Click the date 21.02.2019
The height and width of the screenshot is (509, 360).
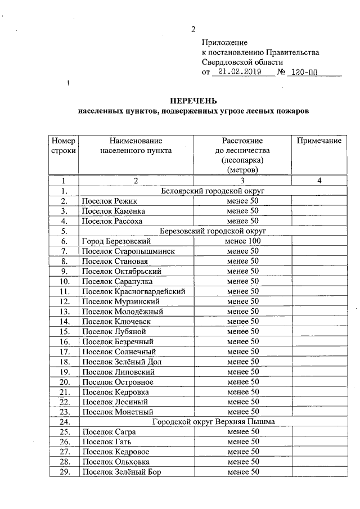click(x=236, y=73)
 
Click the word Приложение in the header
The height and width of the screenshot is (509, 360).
click(x=224, y=42)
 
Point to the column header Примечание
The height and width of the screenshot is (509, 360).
click(x=319, y=141)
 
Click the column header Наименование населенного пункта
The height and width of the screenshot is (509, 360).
click(x=136, y=146)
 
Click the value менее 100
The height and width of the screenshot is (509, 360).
click(x=242, y=241)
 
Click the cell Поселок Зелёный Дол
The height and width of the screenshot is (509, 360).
click(x=121, y=362)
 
